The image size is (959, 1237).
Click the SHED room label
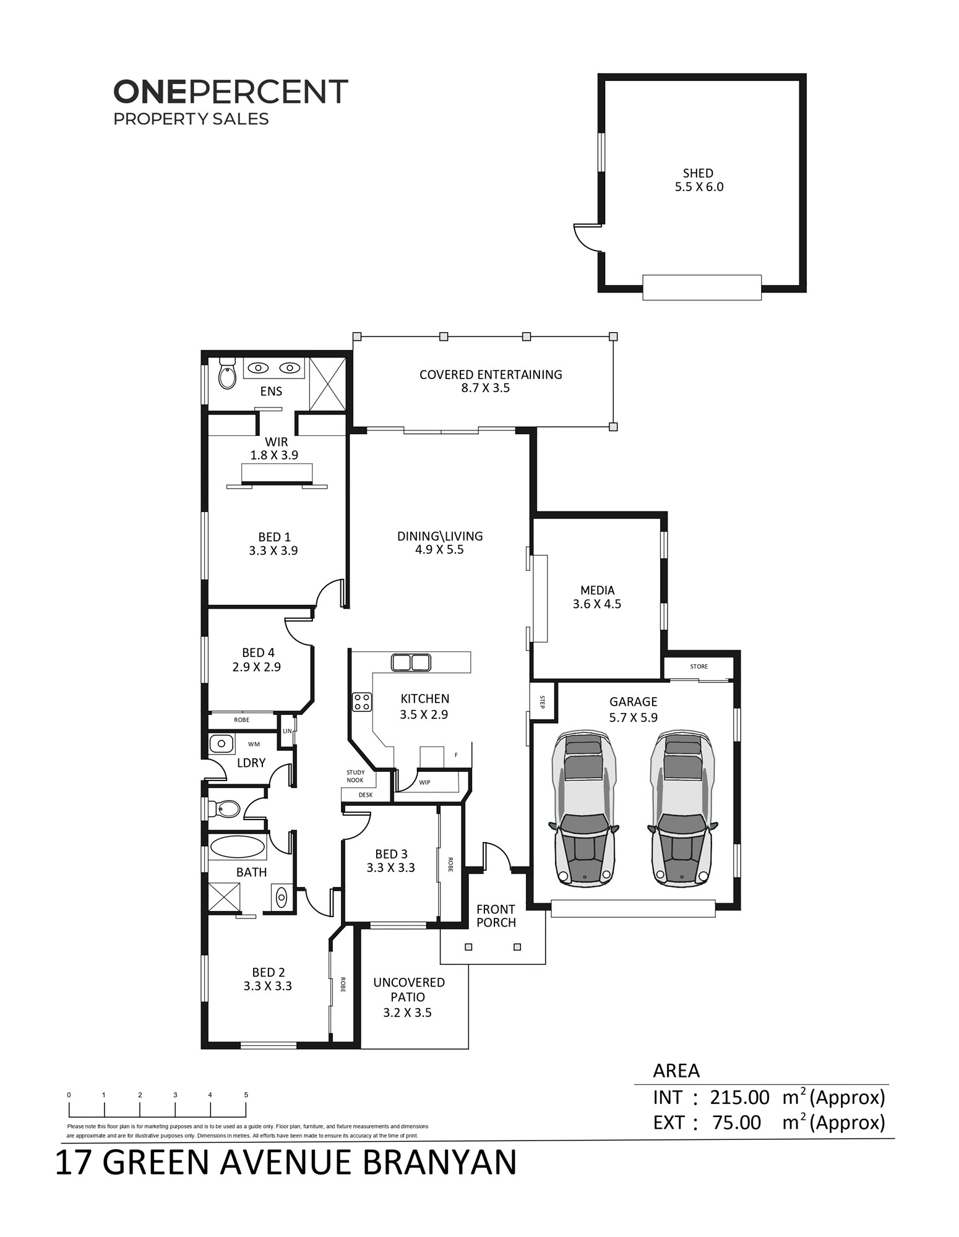[698, 173]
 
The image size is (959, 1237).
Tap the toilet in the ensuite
[228, 373]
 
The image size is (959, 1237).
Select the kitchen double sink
[411, 662]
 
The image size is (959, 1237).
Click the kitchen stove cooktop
[362, 702]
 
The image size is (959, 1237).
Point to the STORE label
[699, 666]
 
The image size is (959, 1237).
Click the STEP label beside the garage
[543, 702]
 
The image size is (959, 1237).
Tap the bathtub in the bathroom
[237, 848]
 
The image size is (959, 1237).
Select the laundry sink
[221, 743]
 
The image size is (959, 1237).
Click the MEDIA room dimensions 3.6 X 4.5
[597, 604]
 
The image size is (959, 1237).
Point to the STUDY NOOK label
[355, 776]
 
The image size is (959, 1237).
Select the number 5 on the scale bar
[246, 1095]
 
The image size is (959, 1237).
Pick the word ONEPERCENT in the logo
[231, 92]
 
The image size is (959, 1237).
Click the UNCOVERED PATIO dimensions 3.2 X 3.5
[407, 1012]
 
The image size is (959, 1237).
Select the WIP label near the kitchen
[424, 782]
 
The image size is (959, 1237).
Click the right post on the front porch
[517, 947]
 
